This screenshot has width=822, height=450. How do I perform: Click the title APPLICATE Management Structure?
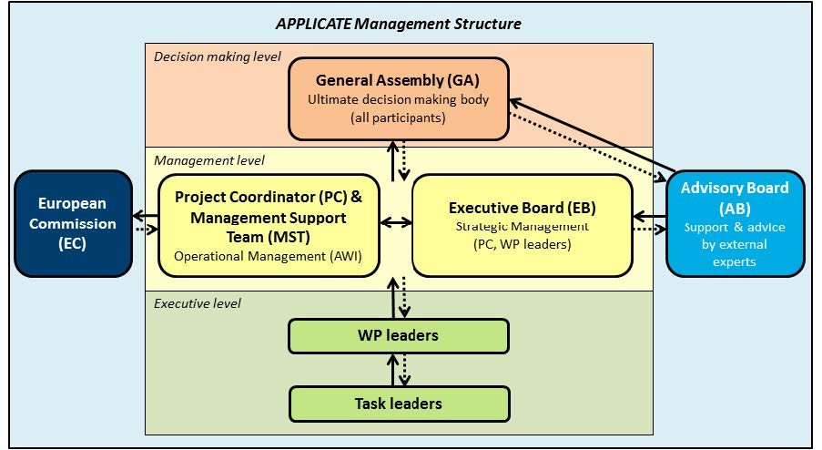(399, 23)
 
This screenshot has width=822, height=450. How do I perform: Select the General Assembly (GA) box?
(399, 99)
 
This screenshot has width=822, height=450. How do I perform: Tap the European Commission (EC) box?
(70, 222)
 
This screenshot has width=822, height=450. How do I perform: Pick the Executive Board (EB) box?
(522, 224)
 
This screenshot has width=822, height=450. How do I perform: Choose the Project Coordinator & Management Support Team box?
(267, 224)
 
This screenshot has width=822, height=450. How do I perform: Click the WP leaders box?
(399, 336)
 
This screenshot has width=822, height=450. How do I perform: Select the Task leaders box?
(399, 403)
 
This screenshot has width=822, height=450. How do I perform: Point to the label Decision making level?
(217, 56)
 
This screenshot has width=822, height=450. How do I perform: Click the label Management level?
(209, 160)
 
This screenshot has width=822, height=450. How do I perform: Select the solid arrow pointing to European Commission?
(145, 217)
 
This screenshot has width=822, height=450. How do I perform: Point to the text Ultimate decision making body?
(399, 99)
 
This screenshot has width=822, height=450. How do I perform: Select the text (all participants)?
(399, 118)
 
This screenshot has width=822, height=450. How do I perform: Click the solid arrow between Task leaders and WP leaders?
(392, 370)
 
